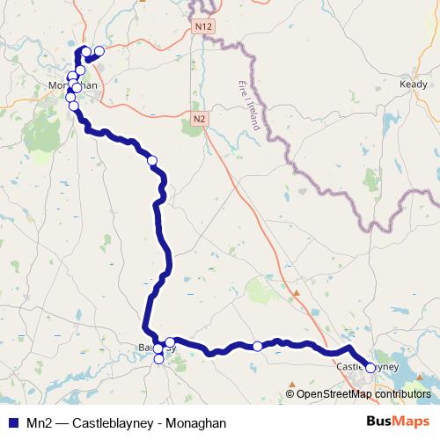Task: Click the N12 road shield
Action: point(204,27)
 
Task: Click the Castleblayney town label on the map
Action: point(368,366)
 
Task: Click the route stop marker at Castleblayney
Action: point(370,368)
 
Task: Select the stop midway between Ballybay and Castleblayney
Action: point(257,347)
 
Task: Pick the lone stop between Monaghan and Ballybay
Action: point(152,160)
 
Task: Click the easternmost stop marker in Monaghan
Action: point(99,51)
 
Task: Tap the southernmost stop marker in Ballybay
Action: point(158,359)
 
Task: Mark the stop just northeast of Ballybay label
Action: point(170,341)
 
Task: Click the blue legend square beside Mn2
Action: point(12,423)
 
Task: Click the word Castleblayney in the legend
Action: point(114,423)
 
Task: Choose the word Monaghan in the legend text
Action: point(198,423)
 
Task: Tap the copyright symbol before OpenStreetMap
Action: point(290,394)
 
